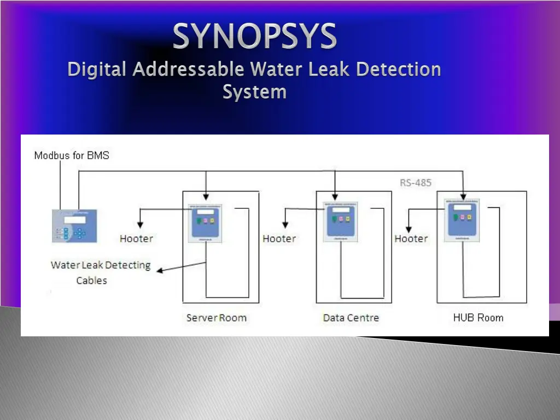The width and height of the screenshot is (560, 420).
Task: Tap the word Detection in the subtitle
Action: [x=398, y=69]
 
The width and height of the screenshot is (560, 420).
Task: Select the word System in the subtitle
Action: [x=254, y=91]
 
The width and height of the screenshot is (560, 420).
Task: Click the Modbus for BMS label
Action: [x=72, y=155]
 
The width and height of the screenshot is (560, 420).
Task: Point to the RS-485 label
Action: [x=416, y=183]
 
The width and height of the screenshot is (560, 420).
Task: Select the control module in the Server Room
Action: [x=205, y=223]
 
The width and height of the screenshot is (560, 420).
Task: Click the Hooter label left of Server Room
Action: [x=136, y=238]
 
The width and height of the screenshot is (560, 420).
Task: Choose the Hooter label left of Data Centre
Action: [x=279, y=238]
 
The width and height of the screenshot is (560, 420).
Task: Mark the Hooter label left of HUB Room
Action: [x=411, y=238]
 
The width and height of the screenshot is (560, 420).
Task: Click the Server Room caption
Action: [x=216, y=318]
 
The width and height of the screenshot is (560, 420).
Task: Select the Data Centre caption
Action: [x=351, y=318]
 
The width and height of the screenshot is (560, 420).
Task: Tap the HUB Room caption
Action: [x=478, y=318]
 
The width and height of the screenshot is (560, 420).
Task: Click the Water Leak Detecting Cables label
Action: [x=100, y=272]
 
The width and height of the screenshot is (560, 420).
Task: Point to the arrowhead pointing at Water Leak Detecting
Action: [x=159, y=270]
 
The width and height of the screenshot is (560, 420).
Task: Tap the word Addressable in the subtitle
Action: [x=189, y=69]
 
